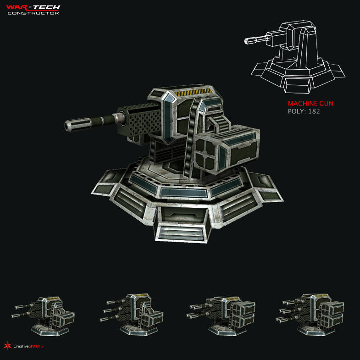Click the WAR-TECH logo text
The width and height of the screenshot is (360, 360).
coord(33,7)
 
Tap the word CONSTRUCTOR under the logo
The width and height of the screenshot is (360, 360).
coord(33,13)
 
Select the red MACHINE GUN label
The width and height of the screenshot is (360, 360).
coord(310,104)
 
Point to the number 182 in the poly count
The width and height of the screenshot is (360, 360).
coord(314,111)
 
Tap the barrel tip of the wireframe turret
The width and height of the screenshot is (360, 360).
coord(247,41)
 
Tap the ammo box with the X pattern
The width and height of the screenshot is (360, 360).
coord(207,153)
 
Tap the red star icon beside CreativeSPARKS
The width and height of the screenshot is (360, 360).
coord(7,345)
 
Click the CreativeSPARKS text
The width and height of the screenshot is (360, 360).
coord(28,346)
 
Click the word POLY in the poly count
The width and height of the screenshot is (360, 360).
coord(295,111)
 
